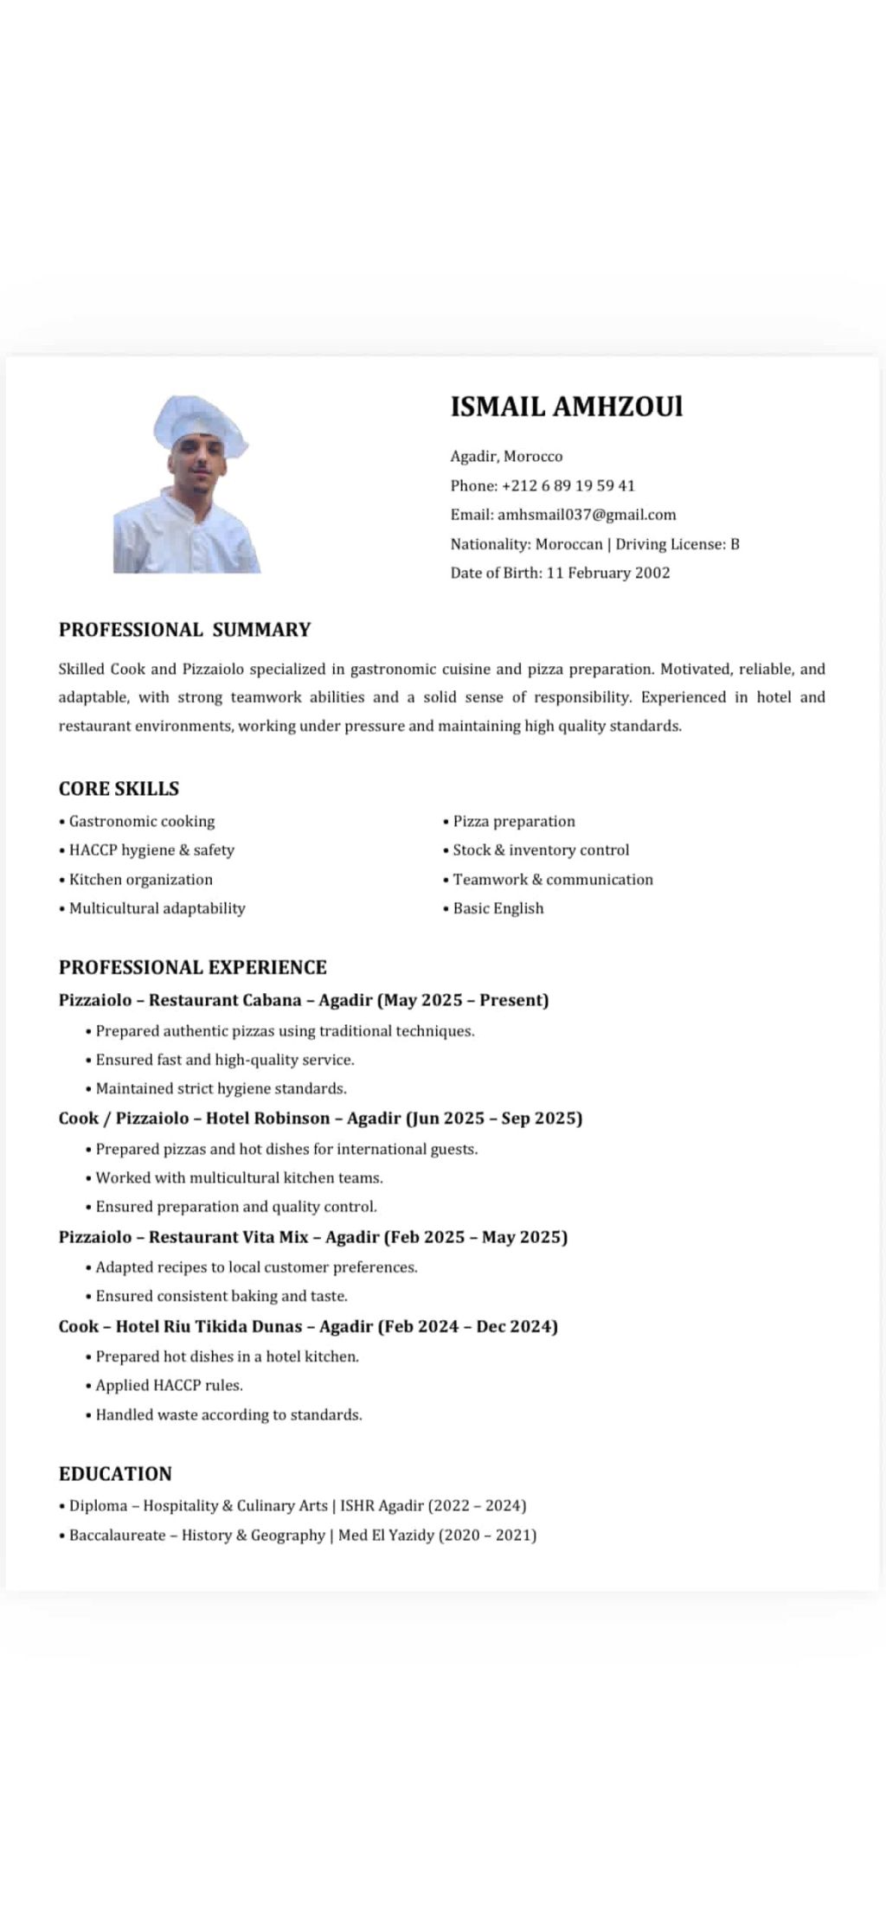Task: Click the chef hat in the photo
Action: coord(200,423)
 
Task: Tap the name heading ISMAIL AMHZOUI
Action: coord(566,407)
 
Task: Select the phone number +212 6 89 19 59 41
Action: coord(568,485)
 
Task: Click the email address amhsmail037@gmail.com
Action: coord(586,515)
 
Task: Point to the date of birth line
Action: coord(560,573)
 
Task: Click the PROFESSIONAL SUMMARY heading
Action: coord(184,630)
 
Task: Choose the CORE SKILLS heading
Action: coord(119,789)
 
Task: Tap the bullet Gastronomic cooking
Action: coord(141,822)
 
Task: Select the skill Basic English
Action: coord(498,908)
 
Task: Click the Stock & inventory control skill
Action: coord(540,850)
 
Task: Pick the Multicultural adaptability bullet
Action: coord(157,908)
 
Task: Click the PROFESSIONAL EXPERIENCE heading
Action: coord(193,967)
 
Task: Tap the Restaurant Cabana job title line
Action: coord(304,1000)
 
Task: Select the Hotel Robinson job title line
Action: coord(320,1119)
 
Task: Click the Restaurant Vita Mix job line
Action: coord(312,1237)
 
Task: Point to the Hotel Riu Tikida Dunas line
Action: coord(308,1326)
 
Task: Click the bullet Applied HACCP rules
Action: coord(169,1385)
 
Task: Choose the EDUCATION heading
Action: coord(115,1474)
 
